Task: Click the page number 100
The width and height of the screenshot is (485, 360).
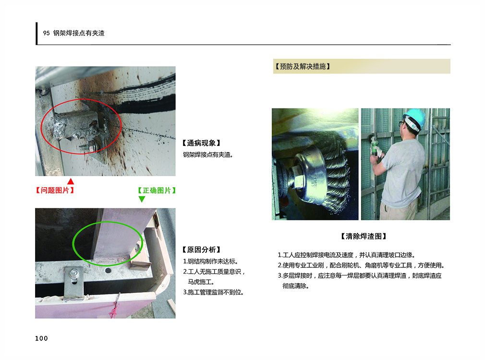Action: [41, 338]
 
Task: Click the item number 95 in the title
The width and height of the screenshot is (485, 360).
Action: [46, 33]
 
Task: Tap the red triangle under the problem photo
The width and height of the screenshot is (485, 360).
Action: [71, 181]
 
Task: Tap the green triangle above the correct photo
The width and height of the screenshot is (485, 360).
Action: [142, 199]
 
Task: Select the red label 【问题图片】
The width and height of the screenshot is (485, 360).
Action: [55, 190]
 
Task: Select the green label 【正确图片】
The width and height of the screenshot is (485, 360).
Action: [157, 190]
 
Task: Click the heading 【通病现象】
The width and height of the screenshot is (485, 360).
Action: [201, 143]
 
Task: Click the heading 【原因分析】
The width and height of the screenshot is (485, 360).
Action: [201, 250]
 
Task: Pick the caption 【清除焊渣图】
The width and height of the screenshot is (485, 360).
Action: [364, 236]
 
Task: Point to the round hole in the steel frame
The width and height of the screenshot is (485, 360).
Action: [108, 271]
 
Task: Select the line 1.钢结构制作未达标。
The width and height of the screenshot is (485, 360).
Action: [211, 261]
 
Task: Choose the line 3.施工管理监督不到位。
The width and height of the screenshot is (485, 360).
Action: [213, 292]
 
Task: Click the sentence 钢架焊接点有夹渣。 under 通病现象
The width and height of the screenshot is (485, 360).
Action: [208, 155]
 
